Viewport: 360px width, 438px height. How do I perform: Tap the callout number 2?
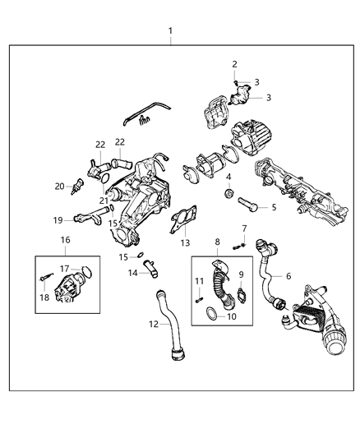pyautogui.click(x=234, y=64)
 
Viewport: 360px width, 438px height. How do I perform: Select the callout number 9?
pyautogui.click(x=241, y=274)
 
